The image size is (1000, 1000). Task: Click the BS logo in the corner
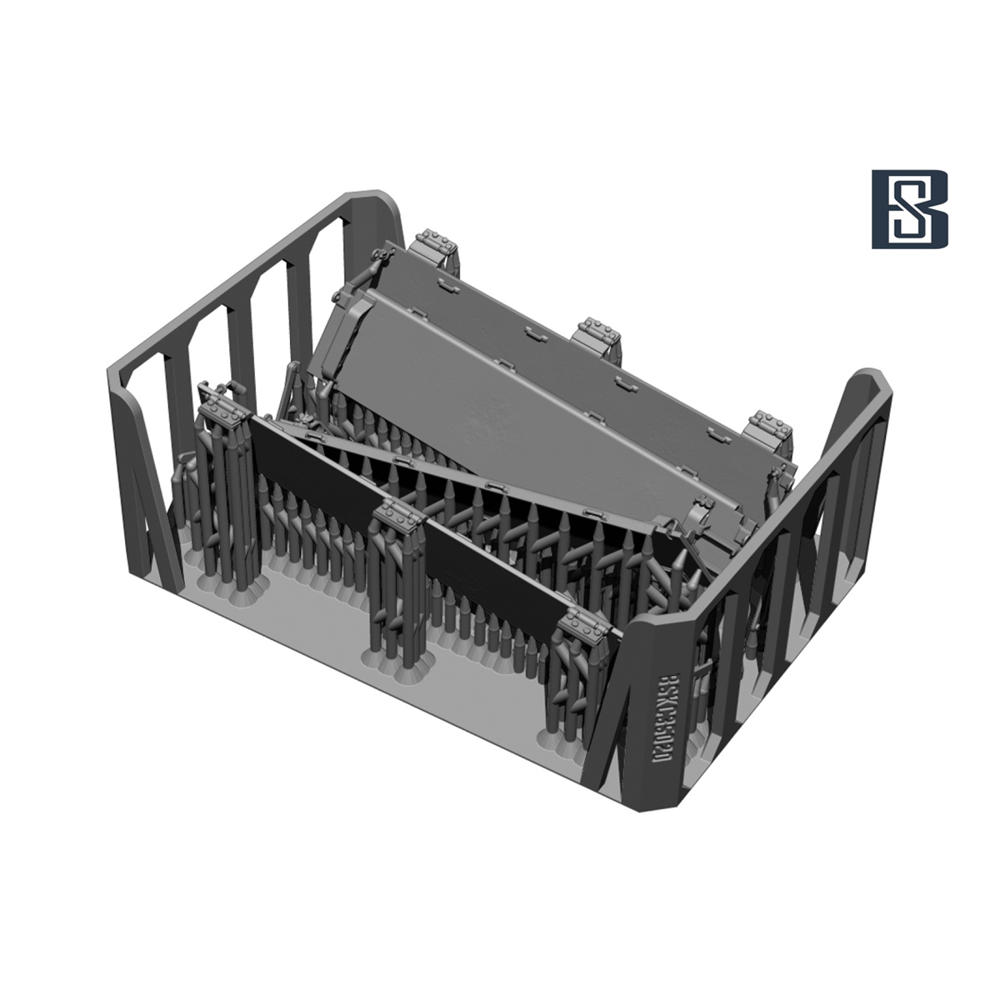coord(909,210)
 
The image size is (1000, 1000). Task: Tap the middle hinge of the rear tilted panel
coord(597,331)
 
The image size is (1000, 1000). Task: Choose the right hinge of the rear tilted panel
coord(766,425)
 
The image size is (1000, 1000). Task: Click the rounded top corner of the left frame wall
coord(371,202)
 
